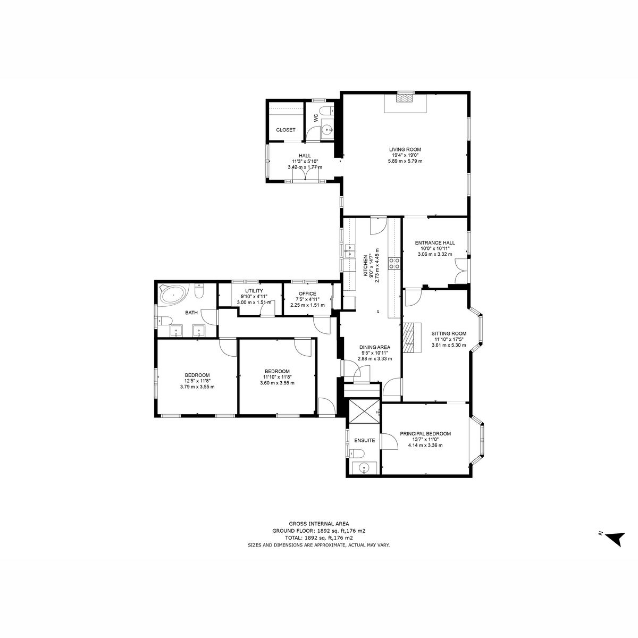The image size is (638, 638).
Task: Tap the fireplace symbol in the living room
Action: click(405, 98)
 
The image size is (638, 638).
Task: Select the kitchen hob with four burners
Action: click(395, 263)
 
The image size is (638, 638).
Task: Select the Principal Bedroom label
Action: click(425, 434)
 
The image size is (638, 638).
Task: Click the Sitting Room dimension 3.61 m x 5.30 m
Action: click(449, 345)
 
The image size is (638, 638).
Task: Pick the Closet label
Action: click(286, 130)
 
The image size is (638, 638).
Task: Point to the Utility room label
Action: click(254, 291)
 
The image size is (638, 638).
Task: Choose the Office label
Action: click(307, 293)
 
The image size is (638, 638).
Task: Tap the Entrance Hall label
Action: click(435, 242)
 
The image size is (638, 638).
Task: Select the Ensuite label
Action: click(365, 440)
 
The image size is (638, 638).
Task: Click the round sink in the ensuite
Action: click(364, 468)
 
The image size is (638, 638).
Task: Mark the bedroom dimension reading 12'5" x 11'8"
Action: click(197, 381)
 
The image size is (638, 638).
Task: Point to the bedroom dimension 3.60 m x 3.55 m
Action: click(277, 383)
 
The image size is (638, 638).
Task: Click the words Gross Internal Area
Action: click(319, 524)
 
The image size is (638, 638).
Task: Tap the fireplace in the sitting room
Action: click(410, 338)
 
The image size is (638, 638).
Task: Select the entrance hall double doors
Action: click(461, 270)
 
